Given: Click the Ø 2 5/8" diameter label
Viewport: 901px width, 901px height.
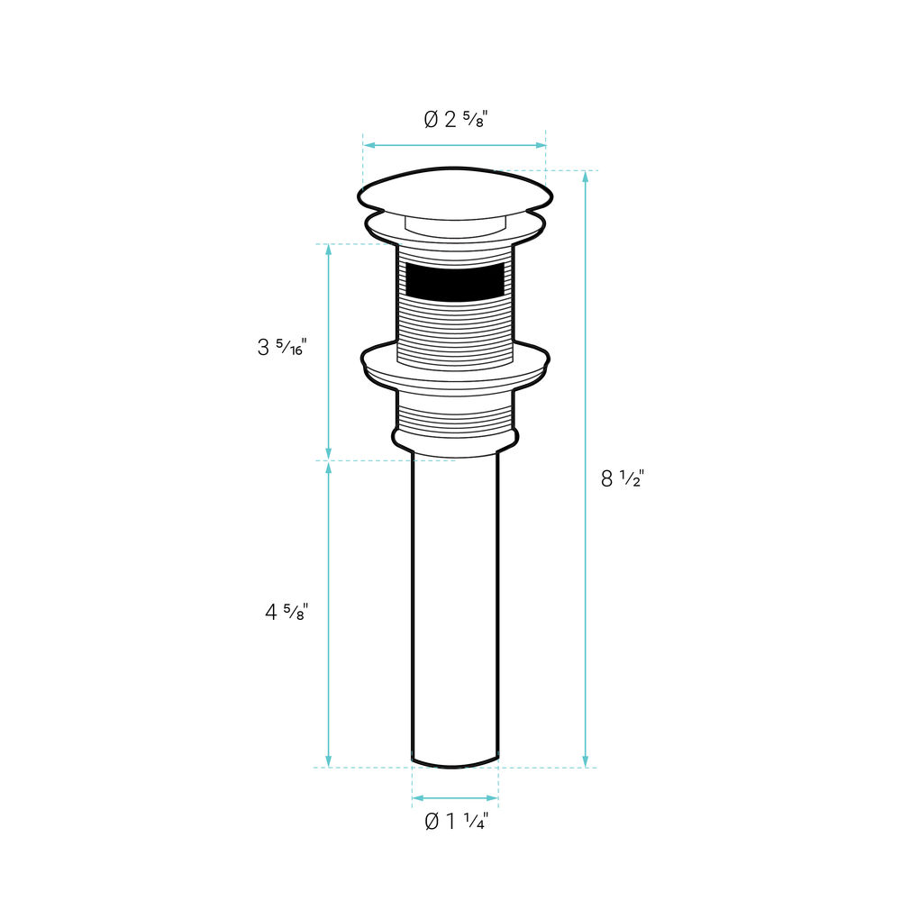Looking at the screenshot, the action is click(456, 120).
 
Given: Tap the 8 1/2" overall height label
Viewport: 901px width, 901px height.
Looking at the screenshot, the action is click(623, 478).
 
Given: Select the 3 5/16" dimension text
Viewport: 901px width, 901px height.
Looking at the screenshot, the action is click(282, 347).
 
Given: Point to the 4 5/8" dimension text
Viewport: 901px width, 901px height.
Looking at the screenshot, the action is click(287, 612).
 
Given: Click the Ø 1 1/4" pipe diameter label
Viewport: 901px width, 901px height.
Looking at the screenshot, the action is click(456, 821).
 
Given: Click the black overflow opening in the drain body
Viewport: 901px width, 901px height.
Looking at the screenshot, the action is click(455, 282).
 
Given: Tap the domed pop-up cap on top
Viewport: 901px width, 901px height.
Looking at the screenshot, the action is click(455, 193).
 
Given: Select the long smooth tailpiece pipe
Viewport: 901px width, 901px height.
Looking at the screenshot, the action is click(455, 609).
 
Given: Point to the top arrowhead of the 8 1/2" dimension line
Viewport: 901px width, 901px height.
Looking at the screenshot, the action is click(586, 176).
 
